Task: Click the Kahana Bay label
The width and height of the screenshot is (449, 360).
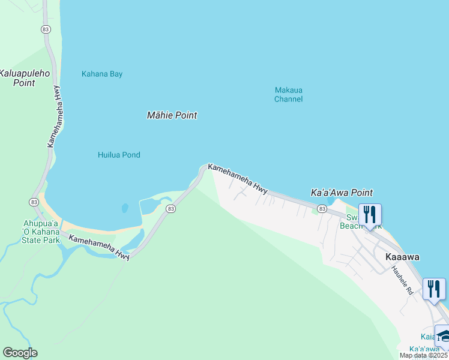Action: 102,74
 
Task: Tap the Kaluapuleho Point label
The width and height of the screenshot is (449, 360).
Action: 25,78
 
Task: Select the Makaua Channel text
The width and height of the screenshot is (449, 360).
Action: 288,95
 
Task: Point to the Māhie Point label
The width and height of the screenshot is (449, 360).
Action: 172,115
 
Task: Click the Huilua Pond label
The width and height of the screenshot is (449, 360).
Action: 119,155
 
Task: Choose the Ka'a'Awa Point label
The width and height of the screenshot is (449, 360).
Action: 342,193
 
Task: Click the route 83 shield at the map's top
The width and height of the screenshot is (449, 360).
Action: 46,29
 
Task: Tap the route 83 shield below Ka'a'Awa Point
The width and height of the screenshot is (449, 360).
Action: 322,208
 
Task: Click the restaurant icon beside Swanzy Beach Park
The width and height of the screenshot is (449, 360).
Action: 370,214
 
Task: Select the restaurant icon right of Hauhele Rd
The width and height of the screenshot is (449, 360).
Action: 433,288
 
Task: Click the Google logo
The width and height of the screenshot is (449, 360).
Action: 20,353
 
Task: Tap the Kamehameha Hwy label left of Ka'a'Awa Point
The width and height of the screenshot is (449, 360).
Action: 238,179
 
